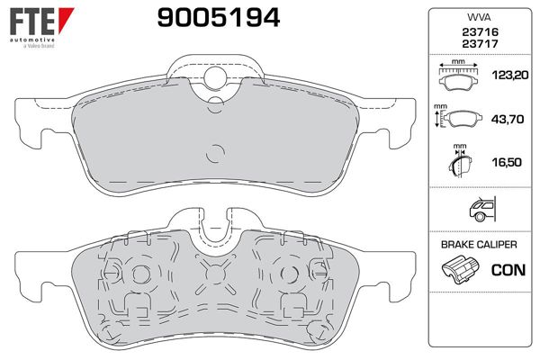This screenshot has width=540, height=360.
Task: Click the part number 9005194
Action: pyautogui.click(x=219, y=18)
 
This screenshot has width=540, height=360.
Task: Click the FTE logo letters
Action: pyautogui.click(x=32, y=22)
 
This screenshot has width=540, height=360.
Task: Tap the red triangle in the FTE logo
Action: pyautogui.click(x=66, y=20)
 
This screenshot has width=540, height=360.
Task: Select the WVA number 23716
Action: pyautogui.click(x=480, y=32)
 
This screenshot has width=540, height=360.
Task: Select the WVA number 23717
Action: pyautogui.click(x=480, y=44)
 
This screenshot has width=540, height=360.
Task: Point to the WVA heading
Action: pyautogui.click(x=479, y=17)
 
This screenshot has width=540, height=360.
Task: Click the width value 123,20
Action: pyautogui.click(x=509, y=75)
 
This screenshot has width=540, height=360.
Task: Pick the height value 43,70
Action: pyautogui.click(x=508, y=119)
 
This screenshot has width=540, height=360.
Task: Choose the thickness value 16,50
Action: pyautogui.click(x=507, y=162)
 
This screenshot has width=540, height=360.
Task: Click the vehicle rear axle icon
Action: pyautogui.click(x=482, y=209)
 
